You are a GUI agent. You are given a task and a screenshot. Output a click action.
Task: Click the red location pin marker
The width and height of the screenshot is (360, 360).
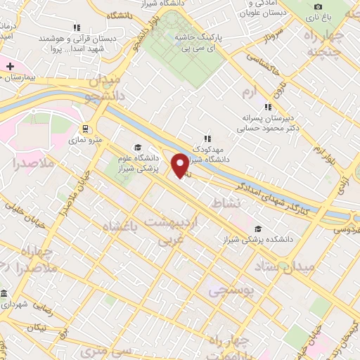181,165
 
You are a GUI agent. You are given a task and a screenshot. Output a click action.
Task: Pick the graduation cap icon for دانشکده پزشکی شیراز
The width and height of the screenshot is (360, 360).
259,229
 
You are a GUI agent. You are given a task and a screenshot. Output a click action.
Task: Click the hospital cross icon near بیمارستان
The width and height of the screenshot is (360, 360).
10,66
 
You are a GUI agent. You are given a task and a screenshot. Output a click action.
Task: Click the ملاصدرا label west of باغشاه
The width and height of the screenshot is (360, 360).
24,164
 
